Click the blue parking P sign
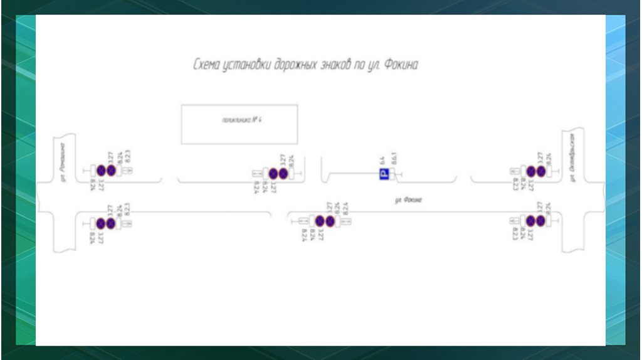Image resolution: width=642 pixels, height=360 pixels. pos(383,174)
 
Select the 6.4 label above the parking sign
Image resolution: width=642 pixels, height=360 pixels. pos(382,160)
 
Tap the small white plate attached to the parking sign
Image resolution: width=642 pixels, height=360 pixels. pos(392,174)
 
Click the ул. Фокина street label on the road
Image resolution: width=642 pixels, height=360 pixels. pos(408,200)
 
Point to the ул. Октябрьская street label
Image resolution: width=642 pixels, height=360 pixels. pos(572,156)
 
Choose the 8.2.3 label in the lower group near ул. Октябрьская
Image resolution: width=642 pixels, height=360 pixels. pos(515,234)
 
